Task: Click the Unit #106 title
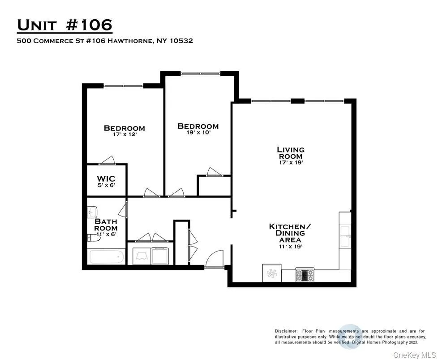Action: tap(64, 25)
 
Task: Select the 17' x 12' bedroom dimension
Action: tap(124, 135)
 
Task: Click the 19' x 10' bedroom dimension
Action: tap(198, 133)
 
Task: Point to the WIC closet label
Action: tap(106, 179)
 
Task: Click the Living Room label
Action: tap(290, 153)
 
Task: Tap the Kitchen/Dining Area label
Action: tap(287, 233)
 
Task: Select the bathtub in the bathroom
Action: tap(107, 257)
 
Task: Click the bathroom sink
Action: tap(93, 211)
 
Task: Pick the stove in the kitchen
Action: tap(305, 274)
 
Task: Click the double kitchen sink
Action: tap(345, 236)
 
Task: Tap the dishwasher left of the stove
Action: tap(271, 273)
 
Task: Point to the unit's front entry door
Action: tap(214, 259)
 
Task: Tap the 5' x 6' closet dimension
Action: tap(106, 186)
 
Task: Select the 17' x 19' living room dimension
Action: tap(290, 163)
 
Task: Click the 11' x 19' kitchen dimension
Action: tap(287, 247)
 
